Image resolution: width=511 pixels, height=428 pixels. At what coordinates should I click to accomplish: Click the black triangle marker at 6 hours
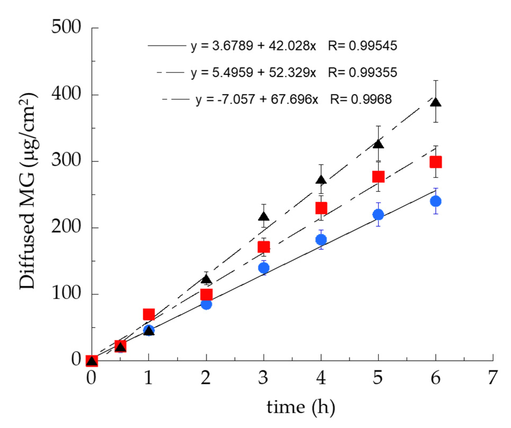pyautogui.click(x=436, y=103)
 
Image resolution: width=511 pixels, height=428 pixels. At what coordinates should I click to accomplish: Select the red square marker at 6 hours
pyautogui.click(x=436, y=162)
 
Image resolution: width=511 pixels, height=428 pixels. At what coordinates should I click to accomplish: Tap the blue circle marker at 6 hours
pyautogui.click(x=436, y=201)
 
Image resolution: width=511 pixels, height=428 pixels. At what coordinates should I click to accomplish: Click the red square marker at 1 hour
pyautogui.click(x=149, y=314)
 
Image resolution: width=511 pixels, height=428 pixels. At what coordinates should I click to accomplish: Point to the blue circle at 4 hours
pyautogui.click(x=321, y=239)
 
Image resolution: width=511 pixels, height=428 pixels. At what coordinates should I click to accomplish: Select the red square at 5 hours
pyautogui.click(x=378, y=177)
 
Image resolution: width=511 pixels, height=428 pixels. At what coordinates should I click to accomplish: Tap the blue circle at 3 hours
pyautogui.click(x=264, y=268)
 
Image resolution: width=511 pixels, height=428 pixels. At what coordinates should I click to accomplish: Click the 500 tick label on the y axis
pyautogui.click(x=66, y=27)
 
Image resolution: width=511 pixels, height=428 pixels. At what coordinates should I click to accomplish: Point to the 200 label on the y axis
pyautogui.click(x=66, y=227)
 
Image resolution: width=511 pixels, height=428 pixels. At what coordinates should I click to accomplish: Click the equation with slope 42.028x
pyautogui.click(x=253, y=46)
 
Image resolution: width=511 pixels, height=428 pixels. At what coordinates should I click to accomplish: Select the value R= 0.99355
pyautogui.click(x=362, y=73)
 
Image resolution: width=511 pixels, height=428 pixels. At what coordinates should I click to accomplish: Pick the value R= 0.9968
pyautogui.click(x=361, y=99)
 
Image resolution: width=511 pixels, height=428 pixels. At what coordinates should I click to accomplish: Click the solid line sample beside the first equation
pyautogui.click(x=167, y=46)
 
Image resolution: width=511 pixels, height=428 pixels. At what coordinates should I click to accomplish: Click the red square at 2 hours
pyautogui.click(x=206, y=294)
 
